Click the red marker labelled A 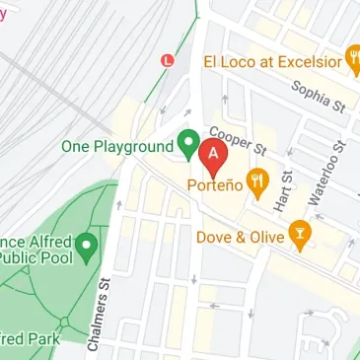[x=212, y=156]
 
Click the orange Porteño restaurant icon [x=258, y=180]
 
